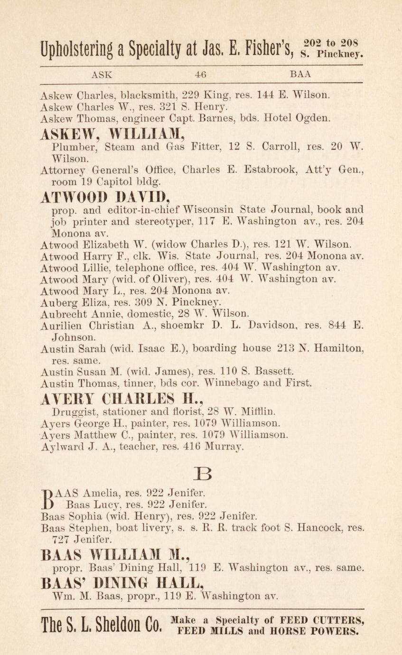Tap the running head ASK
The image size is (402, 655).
tap(102, 75)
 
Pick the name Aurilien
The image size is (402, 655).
tap(59, 327)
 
